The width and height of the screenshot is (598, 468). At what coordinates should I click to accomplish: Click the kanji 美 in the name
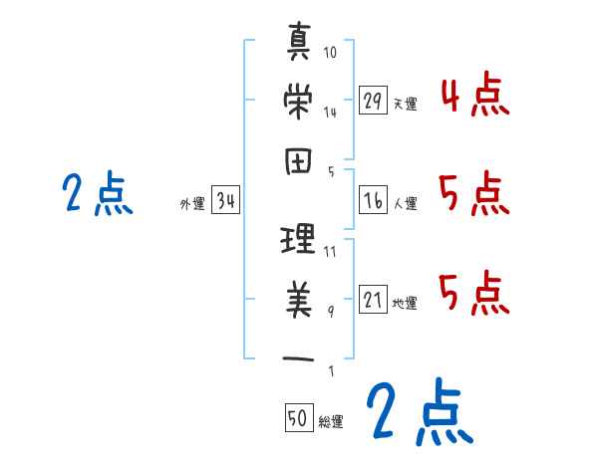[299, 300]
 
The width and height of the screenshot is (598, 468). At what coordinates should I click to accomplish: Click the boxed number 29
[373, 101]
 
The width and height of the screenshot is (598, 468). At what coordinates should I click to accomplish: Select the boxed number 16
[373, 200]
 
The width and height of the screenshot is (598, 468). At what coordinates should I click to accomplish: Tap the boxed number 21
[373, 300]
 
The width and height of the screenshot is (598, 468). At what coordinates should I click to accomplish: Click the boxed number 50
[297, 419]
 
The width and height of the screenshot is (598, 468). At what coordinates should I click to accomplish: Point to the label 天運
[405, 104]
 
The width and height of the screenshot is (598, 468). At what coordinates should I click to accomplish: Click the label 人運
[405, 203]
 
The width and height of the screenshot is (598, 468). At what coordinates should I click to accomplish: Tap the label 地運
[405, 303]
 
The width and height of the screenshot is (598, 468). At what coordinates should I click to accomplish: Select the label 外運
[192, 204]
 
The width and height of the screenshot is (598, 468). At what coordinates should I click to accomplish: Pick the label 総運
[330, 421]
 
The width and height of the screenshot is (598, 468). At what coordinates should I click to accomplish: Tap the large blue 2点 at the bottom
[417, 412]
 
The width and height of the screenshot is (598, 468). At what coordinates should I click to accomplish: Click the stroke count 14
[330, 112]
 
